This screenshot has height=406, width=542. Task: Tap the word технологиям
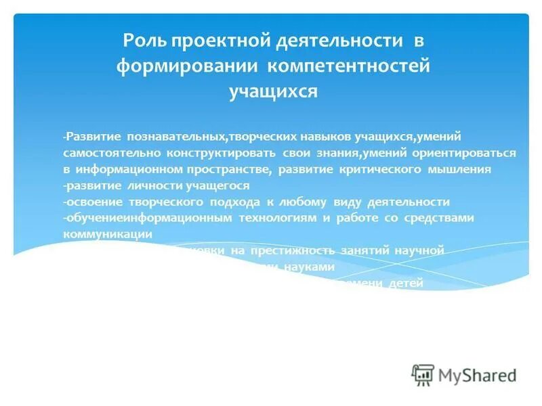(280, 219)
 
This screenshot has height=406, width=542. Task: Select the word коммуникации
(106, 234)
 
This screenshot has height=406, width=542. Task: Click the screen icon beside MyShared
(423, 374)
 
